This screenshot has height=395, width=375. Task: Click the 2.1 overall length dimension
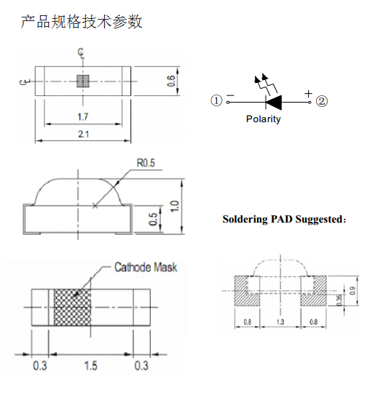click(83, 134)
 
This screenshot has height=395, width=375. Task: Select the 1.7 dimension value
click(83, 117)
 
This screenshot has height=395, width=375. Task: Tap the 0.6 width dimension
click(170, 81)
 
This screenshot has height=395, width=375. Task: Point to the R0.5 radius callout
click(146, 163)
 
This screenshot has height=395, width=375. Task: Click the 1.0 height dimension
click(175, 207)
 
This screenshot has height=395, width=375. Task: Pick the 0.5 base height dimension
click(153, 219)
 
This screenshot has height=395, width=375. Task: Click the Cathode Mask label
click(146, 267)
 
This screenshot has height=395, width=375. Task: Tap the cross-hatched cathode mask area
click(72, 307)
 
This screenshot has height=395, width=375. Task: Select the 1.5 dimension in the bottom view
click(91, 366)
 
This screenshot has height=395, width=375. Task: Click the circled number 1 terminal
click(216, 101)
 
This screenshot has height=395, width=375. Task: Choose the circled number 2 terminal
click(322, 101)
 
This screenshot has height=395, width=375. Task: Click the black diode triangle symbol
click(274, 103)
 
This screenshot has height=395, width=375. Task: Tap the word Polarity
click(264, 119)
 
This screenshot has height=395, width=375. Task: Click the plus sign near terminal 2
click(308, 94)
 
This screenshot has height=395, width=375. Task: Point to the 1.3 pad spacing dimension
click(280, 322)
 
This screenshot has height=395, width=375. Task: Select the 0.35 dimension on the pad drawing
click(339, 300)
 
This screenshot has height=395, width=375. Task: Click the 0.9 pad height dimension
click(352, 291)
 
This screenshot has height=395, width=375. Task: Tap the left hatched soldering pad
click(247, 291)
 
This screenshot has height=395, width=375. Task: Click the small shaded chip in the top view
click(83, 81)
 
